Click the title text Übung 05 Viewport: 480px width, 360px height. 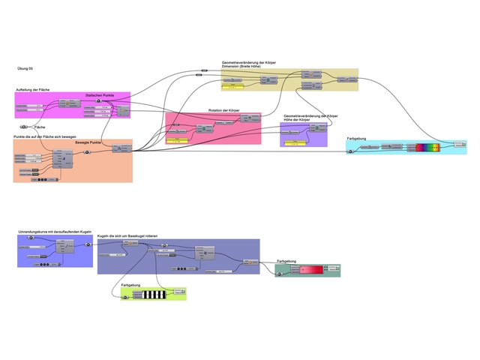click(25, 68)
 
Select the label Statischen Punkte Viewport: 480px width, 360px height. click(100, 96)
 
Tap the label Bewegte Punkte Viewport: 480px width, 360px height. click(88, 142)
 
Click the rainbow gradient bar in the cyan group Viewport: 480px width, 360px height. click(430, 148)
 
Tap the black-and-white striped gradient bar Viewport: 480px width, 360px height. click(154, 293)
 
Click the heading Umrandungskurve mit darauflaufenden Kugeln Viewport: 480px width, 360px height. click(55, 232)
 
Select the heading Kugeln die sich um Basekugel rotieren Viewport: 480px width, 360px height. click(132, 236)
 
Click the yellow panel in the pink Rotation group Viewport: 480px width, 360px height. click(178, 140)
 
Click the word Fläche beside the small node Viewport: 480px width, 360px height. click(40, 127)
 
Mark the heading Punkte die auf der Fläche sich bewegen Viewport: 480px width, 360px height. click(44, 137)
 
